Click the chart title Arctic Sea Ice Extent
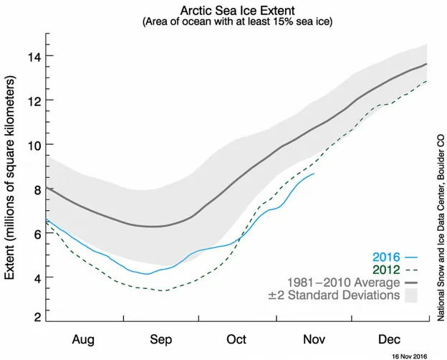tap(238, 11)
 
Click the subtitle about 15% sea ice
tap(238, 22)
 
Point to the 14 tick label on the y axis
tap(34, 56)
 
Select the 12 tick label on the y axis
tap(34, 100)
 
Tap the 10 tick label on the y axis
tap(34, 144)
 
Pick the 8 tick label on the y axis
tap(37, 189)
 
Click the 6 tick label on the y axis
tap(37, 233)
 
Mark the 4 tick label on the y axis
tap(37, 278)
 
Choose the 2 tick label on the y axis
tap(37, 317)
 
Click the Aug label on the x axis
tap(83, 340)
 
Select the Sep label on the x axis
tap(161, 340)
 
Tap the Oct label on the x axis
tap(236, 339)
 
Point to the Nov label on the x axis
tap(314, 339)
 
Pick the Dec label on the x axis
tap(389, 339)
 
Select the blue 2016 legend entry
tap(395, 257)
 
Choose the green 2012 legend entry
tap(395, 270)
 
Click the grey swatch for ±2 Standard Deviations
tap(410, 295)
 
